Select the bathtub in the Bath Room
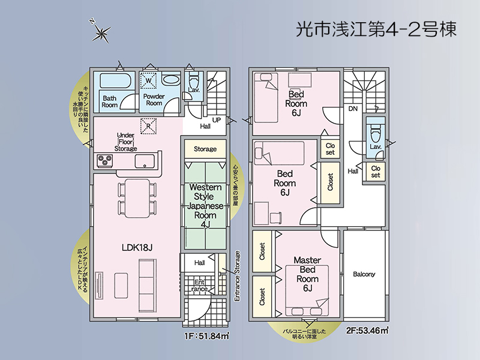click(110, 80)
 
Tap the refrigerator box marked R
click(148, 126)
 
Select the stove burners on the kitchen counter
click(107, 160)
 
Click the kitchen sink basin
click(145, 161)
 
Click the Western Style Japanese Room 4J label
click(206, 206)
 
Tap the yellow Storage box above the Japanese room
click(205, 149)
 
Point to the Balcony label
click(364, 274)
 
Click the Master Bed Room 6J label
click(307, 274)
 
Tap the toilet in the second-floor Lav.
click(375, 130)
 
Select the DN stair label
click(353, 109)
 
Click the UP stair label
click(217, 120)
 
